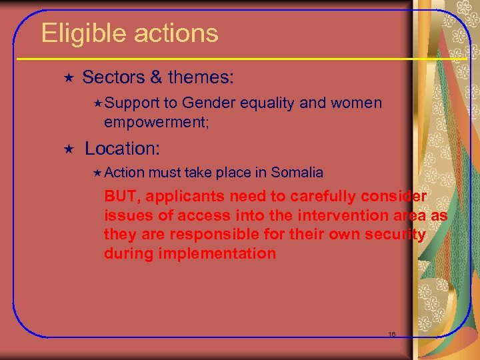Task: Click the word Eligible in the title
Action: [82, 33]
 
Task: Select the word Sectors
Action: [113, 77]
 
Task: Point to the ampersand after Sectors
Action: [156, 77]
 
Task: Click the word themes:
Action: [201, 77]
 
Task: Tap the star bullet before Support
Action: [98, 103]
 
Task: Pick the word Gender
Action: [209, 103]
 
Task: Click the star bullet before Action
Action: [98, 173]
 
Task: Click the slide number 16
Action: [391, 334]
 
